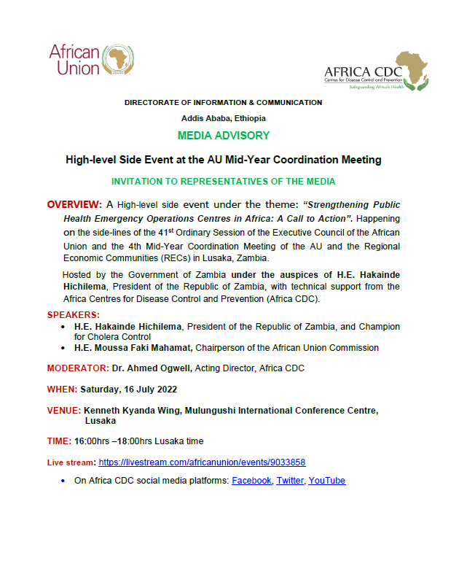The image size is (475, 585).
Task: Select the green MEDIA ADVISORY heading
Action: pos(223,136)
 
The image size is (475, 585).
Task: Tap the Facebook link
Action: pos(251,481)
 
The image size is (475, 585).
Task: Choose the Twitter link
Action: pos(289,481)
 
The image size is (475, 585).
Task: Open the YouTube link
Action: pos(326,481)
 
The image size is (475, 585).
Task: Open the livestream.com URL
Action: pos(202,462)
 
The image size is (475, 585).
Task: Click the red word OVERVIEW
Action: pos(74,205)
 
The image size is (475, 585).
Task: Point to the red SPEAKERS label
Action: pos(72,314)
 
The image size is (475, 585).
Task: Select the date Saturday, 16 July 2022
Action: pos(128,389)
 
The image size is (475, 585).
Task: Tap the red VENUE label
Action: pos(63,411)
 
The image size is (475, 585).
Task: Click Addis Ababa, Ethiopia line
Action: pos(223,118)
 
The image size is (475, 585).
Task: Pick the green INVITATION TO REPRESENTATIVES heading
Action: pos(223,181)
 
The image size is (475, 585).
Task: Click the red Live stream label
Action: pos(71,462)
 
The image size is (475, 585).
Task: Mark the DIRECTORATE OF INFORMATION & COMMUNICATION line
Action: pos(223,103)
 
